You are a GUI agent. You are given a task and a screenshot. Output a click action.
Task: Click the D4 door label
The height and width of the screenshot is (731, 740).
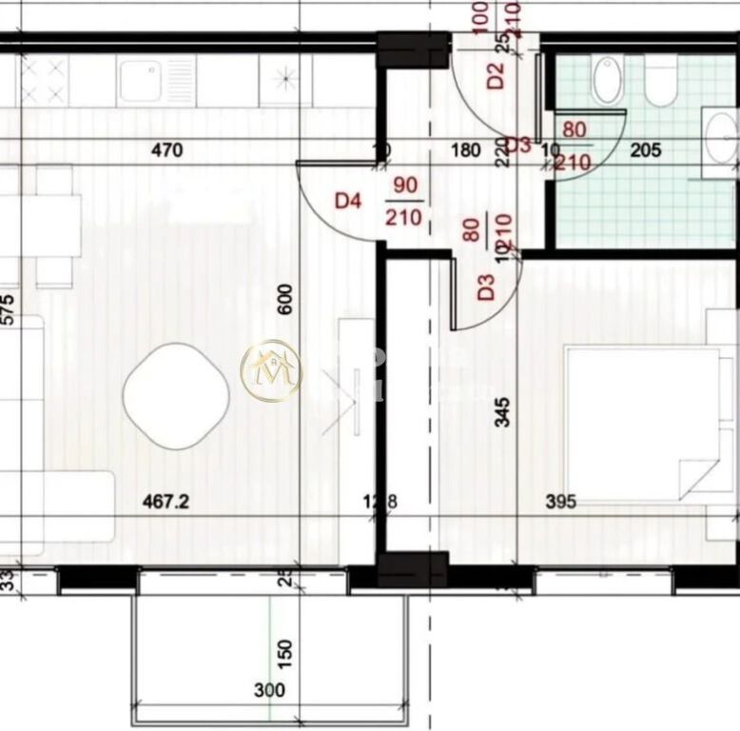(x=349, y=202)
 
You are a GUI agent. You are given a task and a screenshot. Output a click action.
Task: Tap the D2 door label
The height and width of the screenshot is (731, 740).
(x=495, y=75)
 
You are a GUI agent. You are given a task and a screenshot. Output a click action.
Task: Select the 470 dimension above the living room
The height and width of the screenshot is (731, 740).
(x=167, y=149)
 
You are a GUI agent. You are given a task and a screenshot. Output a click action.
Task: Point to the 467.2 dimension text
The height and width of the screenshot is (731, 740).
(x=166, y=502)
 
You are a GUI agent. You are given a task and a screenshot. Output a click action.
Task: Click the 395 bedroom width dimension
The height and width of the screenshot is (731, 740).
(x=561, y=503)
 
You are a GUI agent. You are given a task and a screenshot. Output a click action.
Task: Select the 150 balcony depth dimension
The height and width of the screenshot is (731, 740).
(x=287, y=652)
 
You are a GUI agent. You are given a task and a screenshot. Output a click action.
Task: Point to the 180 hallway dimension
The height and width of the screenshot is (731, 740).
(x=465, y=149)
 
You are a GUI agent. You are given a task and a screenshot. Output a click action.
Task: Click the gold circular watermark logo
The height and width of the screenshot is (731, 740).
(x=271, y=370)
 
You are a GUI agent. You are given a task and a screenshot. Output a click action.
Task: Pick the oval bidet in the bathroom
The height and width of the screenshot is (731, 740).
(x=606, y=80)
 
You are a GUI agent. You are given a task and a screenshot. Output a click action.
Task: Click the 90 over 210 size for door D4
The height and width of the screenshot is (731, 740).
(x=403, y=202)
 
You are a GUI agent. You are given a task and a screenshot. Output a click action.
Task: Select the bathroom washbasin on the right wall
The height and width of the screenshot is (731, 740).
(x=723, y=143)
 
